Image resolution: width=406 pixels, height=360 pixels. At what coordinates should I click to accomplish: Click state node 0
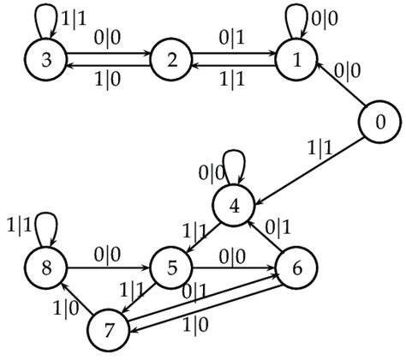(x=379, y=123)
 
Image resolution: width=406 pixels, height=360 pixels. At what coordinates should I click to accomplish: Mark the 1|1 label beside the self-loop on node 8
(x=19, y=226)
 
